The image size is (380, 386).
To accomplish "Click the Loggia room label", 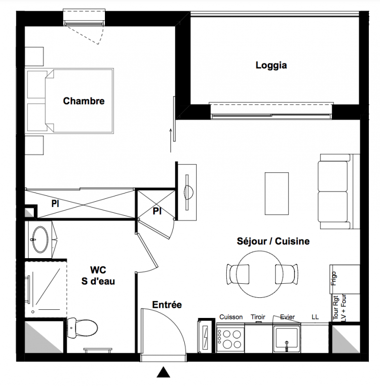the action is (271, 66).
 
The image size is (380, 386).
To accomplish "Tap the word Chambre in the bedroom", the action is (84, 101).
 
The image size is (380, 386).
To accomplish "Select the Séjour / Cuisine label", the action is (273, 241).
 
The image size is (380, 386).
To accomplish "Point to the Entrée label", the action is (167, 305).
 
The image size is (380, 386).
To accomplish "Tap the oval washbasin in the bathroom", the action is (41, 239).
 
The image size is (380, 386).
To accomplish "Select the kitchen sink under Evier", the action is (287, 338).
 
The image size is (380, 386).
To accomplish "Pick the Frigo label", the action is (334, 278).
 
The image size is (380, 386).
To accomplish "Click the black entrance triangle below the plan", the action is (163, 372).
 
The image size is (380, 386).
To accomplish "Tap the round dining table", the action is (260, 274).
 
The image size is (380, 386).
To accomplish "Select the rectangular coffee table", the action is (277, 193).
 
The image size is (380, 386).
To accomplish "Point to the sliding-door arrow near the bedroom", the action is (170, 140).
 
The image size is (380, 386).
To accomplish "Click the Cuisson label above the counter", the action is (231, 317).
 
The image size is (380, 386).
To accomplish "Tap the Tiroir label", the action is (258, 317).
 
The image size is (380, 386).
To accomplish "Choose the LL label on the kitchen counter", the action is (315, 317).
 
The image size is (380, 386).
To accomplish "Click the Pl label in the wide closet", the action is (55, 204).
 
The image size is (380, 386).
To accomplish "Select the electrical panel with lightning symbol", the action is (205, 336).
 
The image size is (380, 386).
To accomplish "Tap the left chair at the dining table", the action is (237, 274).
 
